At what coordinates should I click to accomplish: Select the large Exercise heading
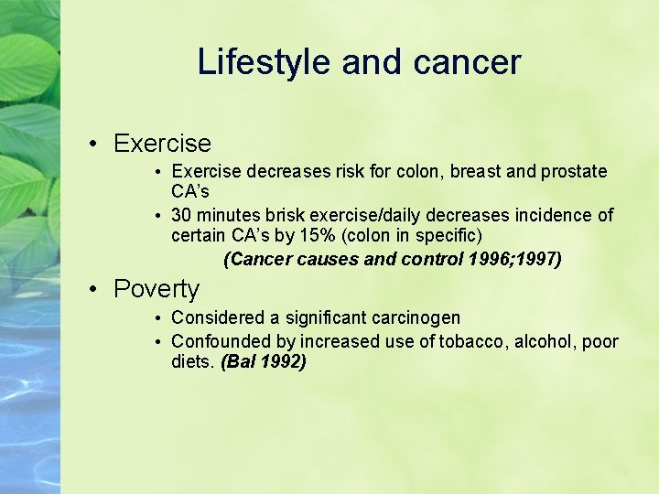pyautogui.click(x=162, y=144)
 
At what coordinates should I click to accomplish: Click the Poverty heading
pyautogui.click(x=157, y=289)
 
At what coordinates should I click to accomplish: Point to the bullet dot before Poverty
pyautogui.click(x=94, y=290)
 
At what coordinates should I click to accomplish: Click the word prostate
pyautogui.click(x=570, y=171)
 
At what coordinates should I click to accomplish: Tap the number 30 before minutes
pyautogui.click(x=181, y=215)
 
